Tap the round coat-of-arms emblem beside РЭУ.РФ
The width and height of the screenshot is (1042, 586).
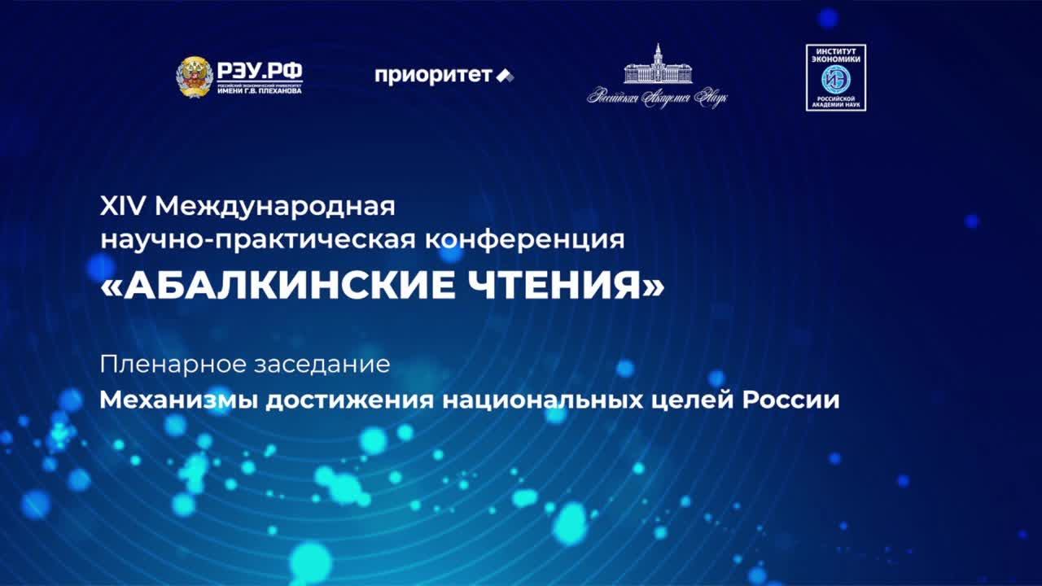[195, 77]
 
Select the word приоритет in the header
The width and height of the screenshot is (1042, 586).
[433, 76]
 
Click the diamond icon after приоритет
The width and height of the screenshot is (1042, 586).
[506, 76]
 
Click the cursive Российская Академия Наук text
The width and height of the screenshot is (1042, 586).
[657, 97]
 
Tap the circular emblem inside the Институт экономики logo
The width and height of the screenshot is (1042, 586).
[835, 78]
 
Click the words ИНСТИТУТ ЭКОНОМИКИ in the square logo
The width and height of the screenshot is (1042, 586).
[835, 55]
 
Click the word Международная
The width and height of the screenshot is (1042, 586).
[274, 207]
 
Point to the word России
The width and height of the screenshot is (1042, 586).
[792, 400]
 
